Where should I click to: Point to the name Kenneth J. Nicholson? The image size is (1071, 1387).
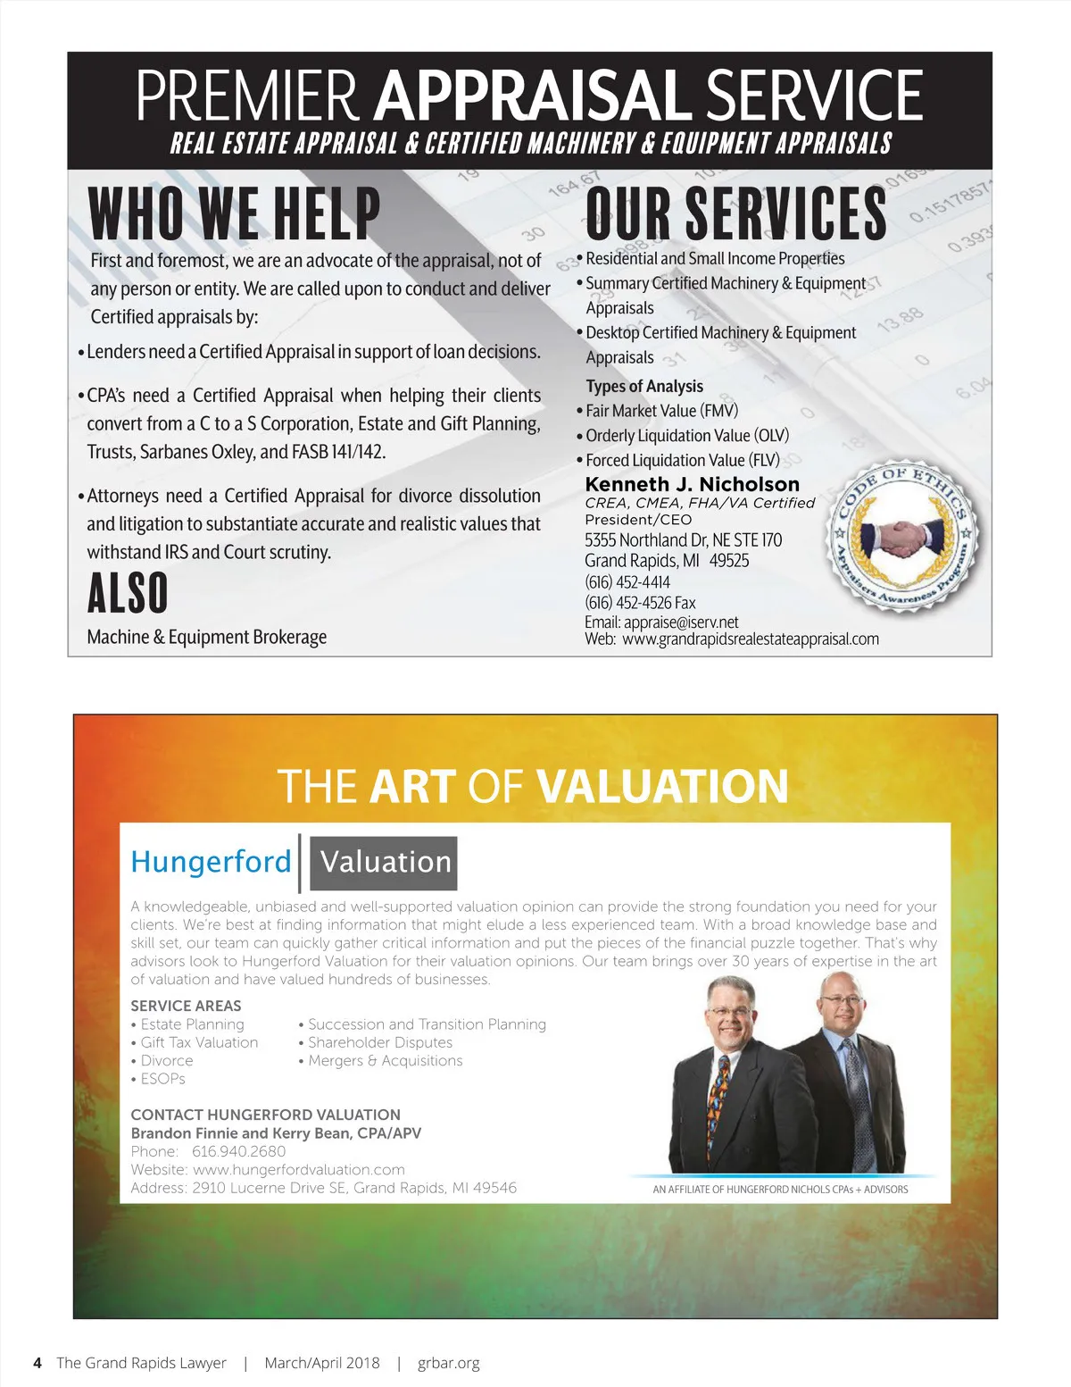click(x=692, y=484)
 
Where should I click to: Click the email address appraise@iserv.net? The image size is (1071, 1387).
click(x=681, y=622)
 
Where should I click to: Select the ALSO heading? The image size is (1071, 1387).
click(x=128, y=593)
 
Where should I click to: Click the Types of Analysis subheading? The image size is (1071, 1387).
click(x=644, y=386)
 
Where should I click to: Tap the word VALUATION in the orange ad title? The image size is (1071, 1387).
click(x=662, y=787)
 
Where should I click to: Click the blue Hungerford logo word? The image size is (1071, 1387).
click(x=211, y=862)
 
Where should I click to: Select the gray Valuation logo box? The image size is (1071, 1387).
click(x=385, y=863)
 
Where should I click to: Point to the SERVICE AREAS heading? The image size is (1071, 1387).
click(x=186, y=1006)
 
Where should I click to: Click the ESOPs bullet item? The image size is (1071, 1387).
click(x=162, y=1079)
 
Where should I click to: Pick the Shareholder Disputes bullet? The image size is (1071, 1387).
click(x=379, y=1042)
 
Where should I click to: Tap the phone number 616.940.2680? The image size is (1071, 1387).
click(x=238, y=1151)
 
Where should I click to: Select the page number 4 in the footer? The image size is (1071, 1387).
click(x=37, y=1363)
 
